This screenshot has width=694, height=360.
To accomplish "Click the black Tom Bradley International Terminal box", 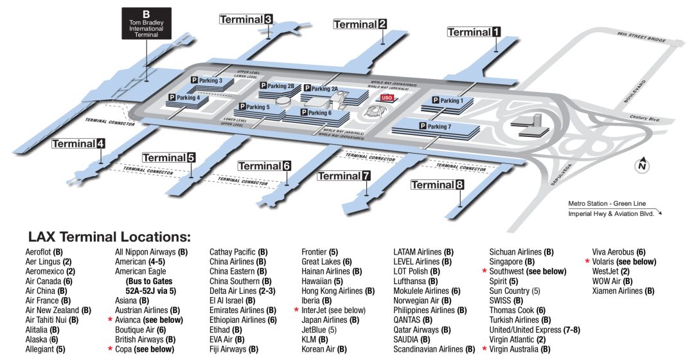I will coord(147,24).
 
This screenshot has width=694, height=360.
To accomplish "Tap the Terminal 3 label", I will coord(246,19).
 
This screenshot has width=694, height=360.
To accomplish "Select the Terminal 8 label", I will coord(437,185).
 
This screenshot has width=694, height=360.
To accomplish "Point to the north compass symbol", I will coord(641,165).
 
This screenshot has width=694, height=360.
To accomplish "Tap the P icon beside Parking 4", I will coord(172,98).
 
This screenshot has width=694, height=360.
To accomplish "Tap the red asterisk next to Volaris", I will coord(587,262).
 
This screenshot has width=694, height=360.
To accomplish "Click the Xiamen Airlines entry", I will coord(623,291).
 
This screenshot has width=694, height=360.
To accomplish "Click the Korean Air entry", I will coord(324,349).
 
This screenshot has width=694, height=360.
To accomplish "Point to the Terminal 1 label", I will coord(474,32).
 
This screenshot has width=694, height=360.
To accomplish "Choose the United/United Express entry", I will coord(536,330).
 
